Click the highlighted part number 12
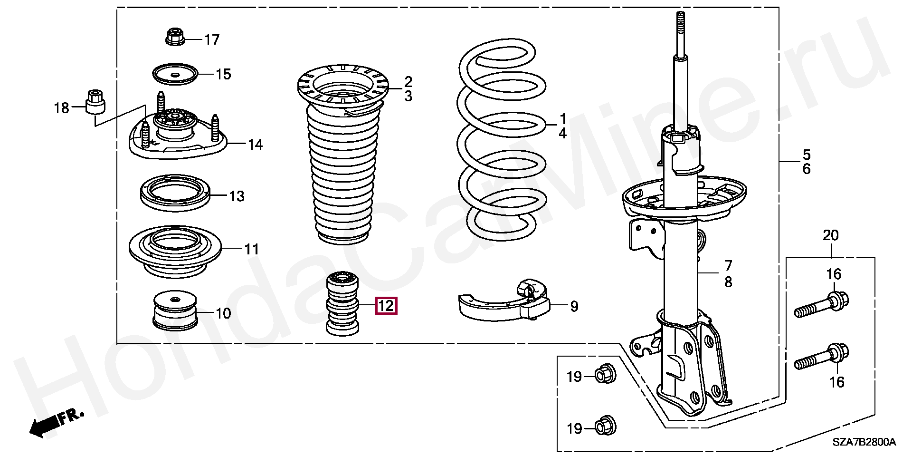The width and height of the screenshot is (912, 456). click(386, 305)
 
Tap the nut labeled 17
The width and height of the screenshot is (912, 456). click(175, 37)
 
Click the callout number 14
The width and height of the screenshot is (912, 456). click(255, 144)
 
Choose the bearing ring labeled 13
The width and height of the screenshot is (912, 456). click(175, 193)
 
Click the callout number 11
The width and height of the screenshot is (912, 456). click(251, 249)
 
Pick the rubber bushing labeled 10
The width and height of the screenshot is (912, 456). click(175, 310)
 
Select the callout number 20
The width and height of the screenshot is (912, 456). click(831, 235)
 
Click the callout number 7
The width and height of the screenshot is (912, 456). click(728, 265)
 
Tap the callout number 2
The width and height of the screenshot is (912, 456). click(408, 81)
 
